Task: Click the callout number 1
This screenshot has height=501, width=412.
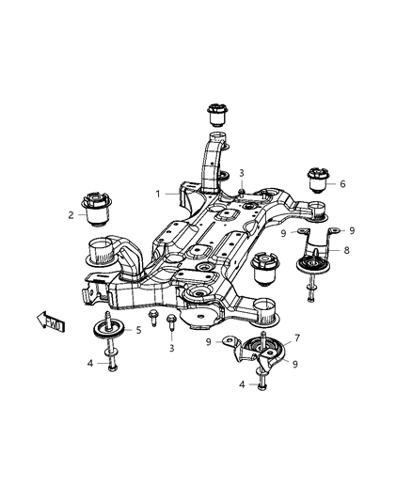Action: click(159, 194)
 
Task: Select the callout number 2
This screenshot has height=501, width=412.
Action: click(71, 215)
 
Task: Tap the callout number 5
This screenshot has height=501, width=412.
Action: click(138, 330)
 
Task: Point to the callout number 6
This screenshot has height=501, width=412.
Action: click(342, 184)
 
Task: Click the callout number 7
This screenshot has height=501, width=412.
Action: click(297, 337)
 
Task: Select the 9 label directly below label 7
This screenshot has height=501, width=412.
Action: click(296, 364)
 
